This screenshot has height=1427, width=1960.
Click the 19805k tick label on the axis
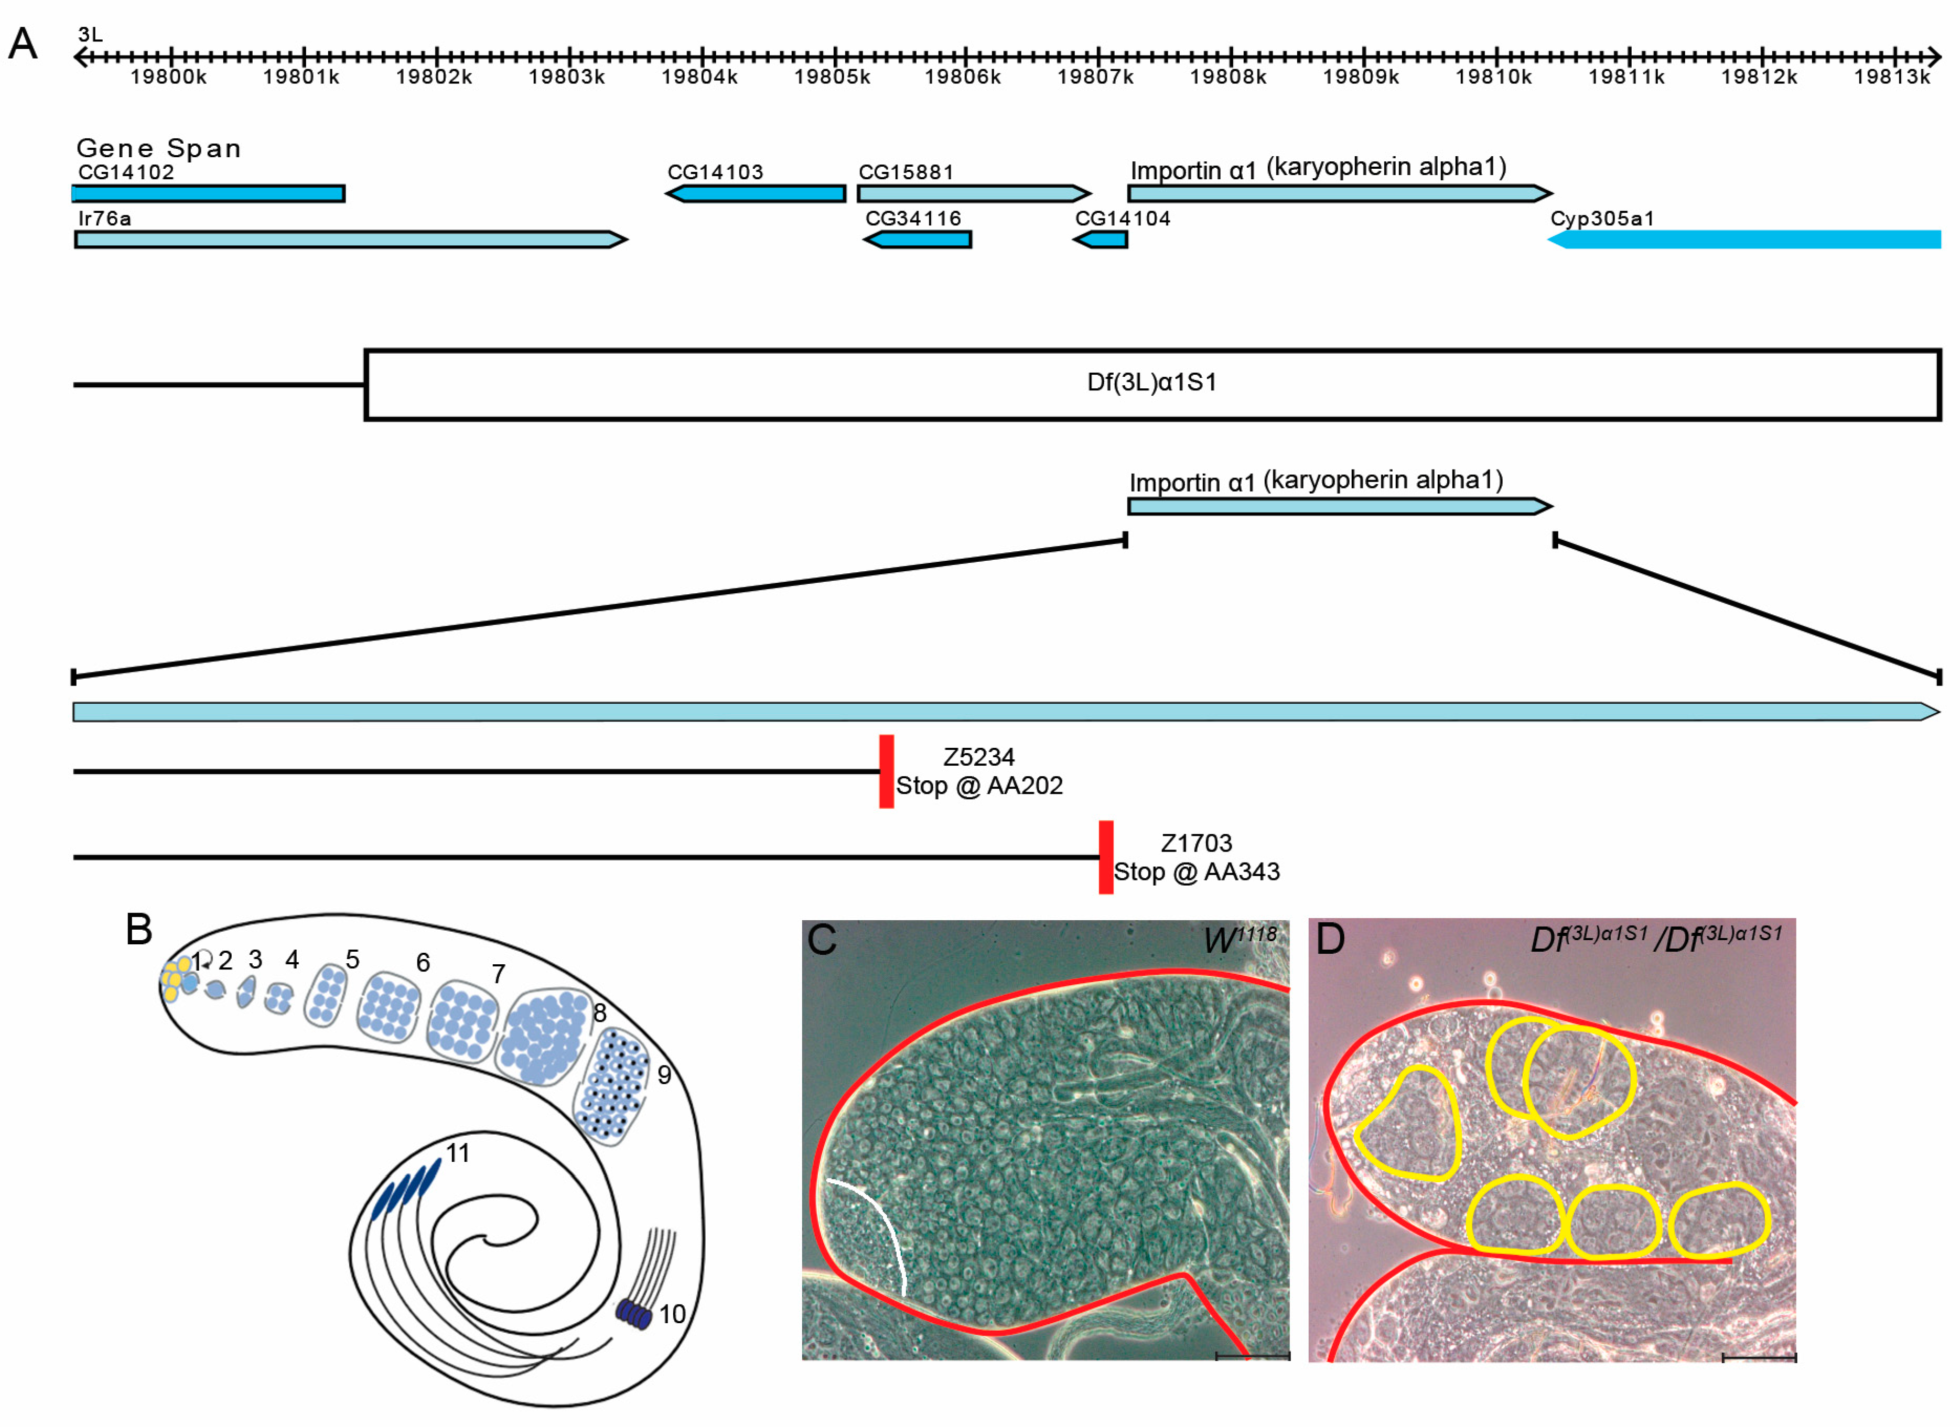(x=832, y=77)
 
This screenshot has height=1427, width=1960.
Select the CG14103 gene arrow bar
(x=757, y=193)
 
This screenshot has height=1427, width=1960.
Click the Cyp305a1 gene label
(x=1601, y=219)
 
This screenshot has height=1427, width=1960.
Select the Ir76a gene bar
(x=346, y=239)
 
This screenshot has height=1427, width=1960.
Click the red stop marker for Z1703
(x=1105, y=857)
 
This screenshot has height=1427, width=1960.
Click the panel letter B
(x=138, y=930)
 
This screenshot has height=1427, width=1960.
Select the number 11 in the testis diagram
(x=457, y=1152)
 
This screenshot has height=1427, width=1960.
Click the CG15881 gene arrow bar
(x=972, y=193)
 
